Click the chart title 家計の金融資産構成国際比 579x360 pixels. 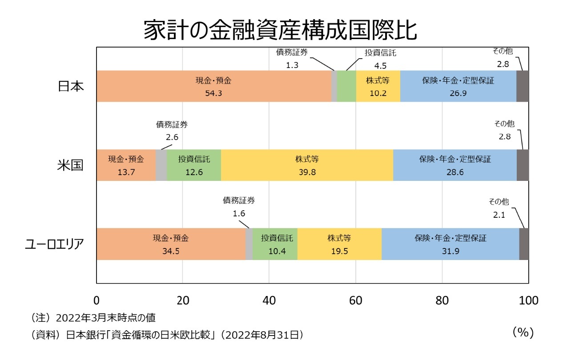click(280, 30)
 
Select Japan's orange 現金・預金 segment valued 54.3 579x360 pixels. click(214, 86)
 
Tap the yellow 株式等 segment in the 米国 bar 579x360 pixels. click(307, 165)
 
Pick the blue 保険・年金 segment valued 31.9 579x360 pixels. click(450, 244)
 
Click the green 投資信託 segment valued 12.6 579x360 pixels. click(194, 165)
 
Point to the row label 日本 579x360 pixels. click(71, 86)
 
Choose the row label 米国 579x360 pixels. click(71, 165)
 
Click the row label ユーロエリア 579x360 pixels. click(54, 244)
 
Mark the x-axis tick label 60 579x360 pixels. click(355, 300)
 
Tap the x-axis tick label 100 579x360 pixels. click(528, 300)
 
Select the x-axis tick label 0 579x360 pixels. click(96, 300)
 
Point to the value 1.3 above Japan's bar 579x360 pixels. click(292, 65)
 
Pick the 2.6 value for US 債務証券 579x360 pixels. click(172, 137)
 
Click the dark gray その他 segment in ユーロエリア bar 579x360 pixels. click(524, 244)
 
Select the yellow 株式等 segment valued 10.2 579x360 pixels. click(378, 86)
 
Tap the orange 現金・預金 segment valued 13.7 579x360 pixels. click(126, 165)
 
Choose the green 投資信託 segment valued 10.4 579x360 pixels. click(275, 244)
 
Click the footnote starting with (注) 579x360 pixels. click(93, 318)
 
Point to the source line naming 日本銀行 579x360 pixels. click(167, 335)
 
